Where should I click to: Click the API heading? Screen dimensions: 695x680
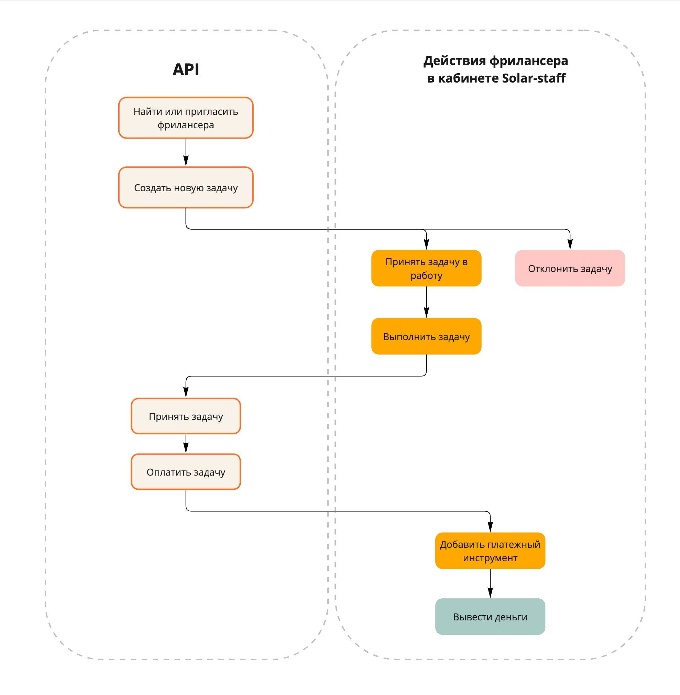pos(186,69)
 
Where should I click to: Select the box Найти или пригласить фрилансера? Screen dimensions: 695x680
pos(186,118)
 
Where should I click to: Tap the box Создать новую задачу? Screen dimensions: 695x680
pos(186,188)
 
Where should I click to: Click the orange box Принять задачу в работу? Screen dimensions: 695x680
pos(426,268)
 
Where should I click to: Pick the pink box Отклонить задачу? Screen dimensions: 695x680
pos(570,268)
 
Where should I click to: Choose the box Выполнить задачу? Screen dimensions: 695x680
pos(426,337)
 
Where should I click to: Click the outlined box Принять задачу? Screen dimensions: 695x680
pos(186,416)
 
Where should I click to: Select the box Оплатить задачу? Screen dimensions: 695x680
pos(186,472)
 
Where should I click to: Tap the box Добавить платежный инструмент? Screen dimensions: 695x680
pos(490,551)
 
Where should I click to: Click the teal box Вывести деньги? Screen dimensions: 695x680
pos(490,617)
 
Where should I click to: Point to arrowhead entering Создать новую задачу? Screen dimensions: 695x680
pos(186,161)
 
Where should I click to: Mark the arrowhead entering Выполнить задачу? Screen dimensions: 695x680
pos(426,313)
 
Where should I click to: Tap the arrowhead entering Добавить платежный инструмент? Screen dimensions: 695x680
pos(490,527)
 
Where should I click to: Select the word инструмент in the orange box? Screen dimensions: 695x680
pos(490,558)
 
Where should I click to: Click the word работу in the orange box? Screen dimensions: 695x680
pos(426,275)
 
